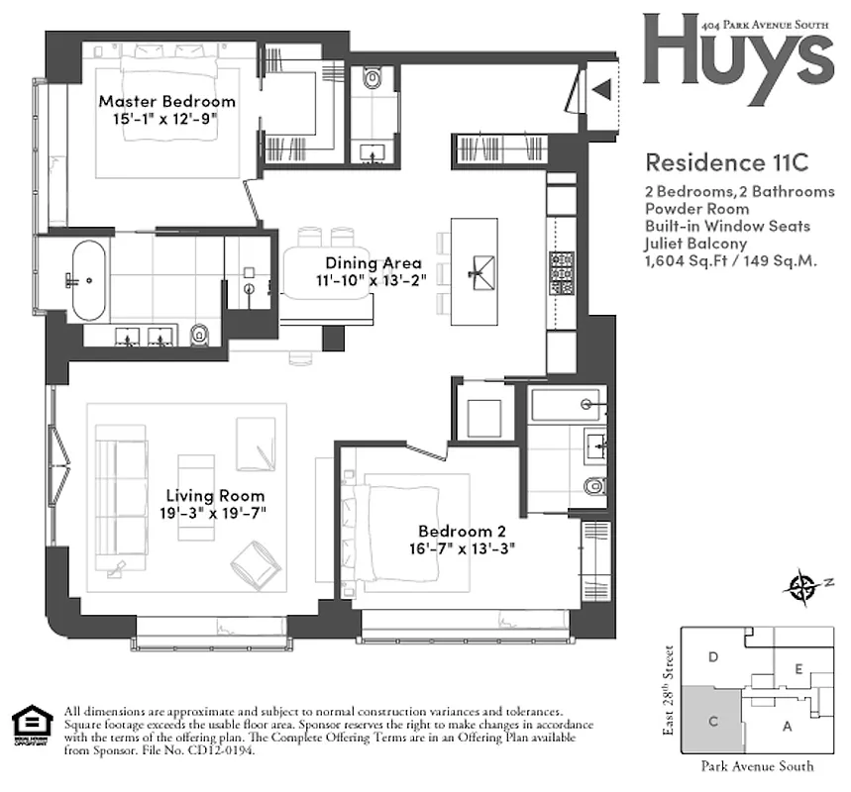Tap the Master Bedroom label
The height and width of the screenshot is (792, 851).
click(x=166, y=101)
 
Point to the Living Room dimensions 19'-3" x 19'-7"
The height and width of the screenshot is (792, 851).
click(x=215, y=513)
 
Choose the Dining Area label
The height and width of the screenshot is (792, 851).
click(x=366, y=263)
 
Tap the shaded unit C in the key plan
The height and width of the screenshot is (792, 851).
click(x=713, y=722)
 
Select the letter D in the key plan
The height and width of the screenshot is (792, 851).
click(x=712, y=656)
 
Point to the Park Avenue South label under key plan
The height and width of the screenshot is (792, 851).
click(x=756, y=765)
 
